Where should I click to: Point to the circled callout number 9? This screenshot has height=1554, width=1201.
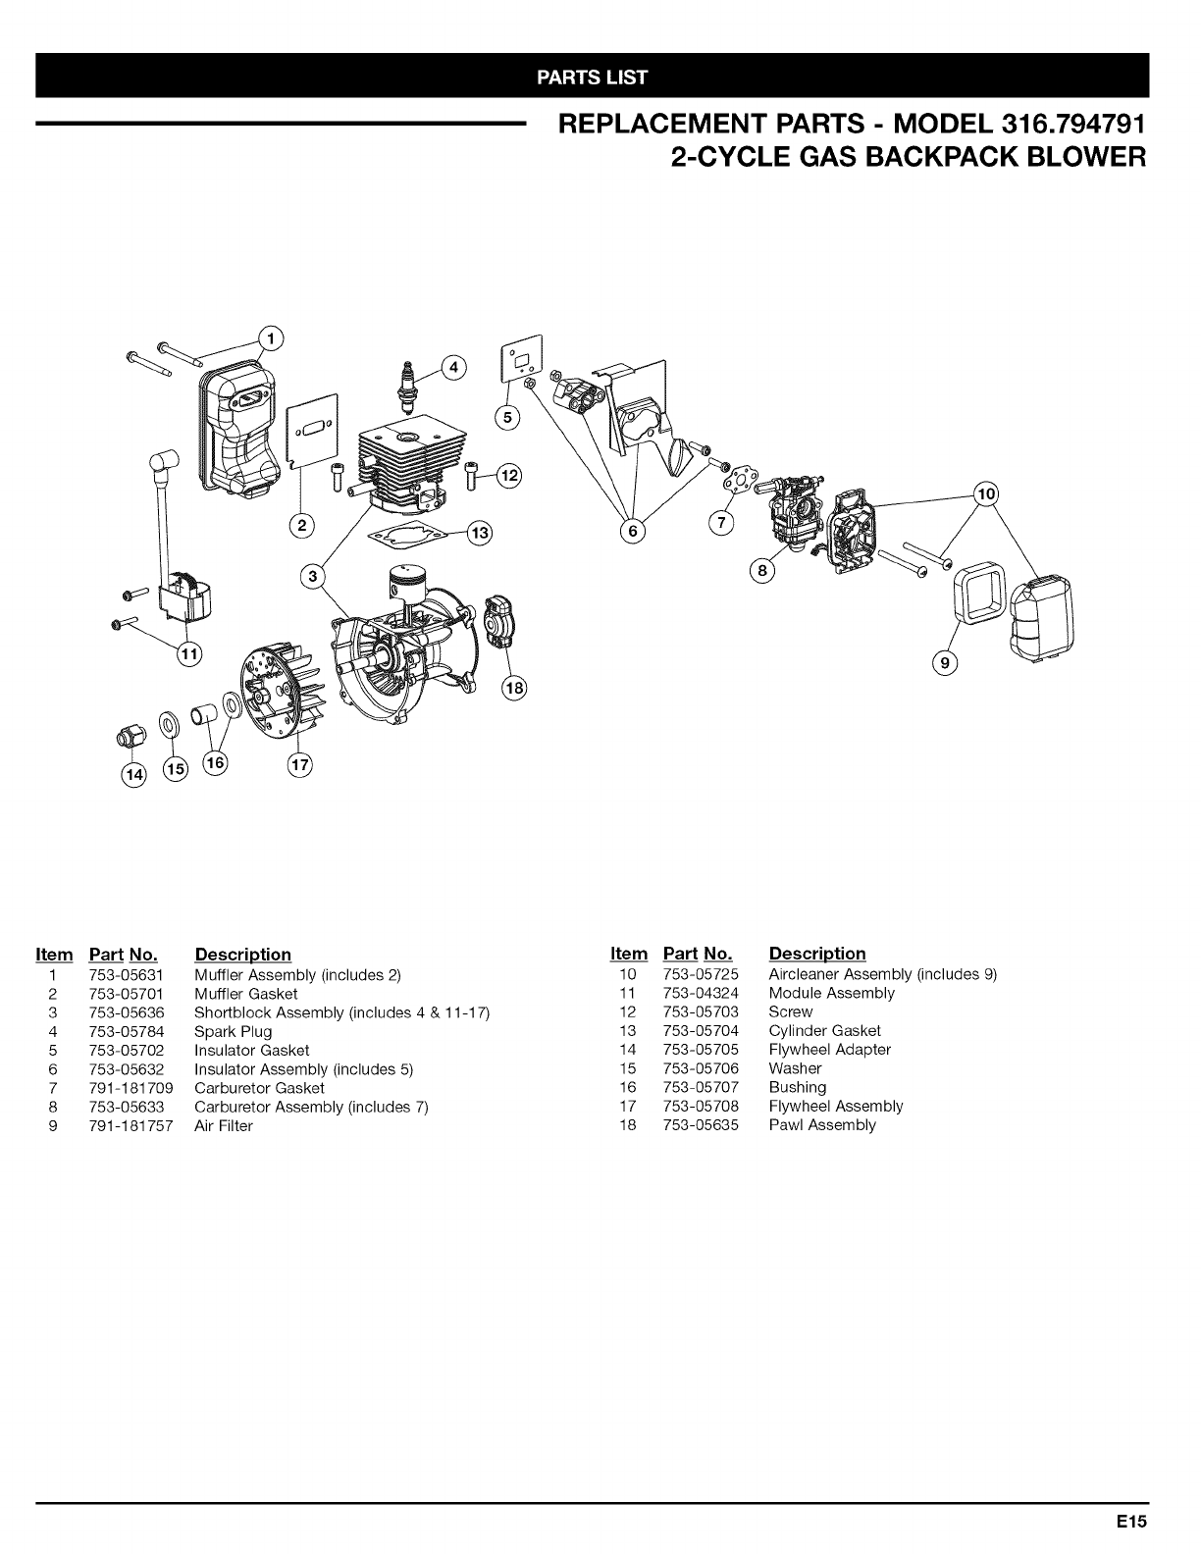945,664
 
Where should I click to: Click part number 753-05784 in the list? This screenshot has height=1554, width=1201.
125,1031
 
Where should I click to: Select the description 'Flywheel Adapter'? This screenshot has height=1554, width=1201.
829,1050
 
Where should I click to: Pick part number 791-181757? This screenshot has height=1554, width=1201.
131,1125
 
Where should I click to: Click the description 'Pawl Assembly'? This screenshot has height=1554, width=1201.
821,1125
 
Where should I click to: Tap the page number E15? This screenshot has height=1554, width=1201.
1130,1523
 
